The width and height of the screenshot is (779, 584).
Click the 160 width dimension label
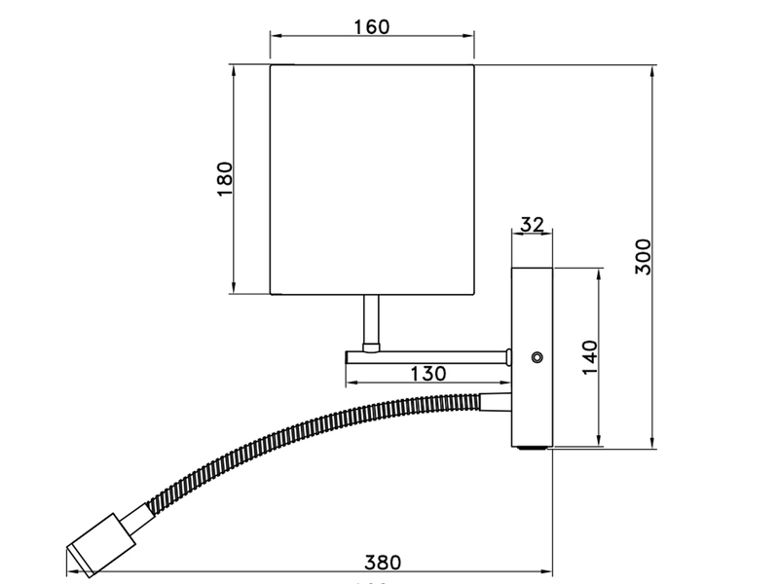(372, 26)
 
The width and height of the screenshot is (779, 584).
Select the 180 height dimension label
(225, 180)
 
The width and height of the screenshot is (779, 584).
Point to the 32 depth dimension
(532, 225)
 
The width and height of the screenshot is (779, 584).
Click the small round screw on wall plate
(535, 357)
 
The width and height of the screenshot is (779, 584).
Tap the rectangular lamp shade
(372, 180)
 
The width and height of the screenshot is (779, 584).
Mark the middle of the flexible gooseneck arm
(292, 428)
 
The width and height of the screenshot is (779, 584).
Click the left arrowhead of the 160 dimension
(274, 37)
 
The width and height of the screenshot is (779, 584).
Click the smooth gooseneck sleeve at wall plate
(494, 399)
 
